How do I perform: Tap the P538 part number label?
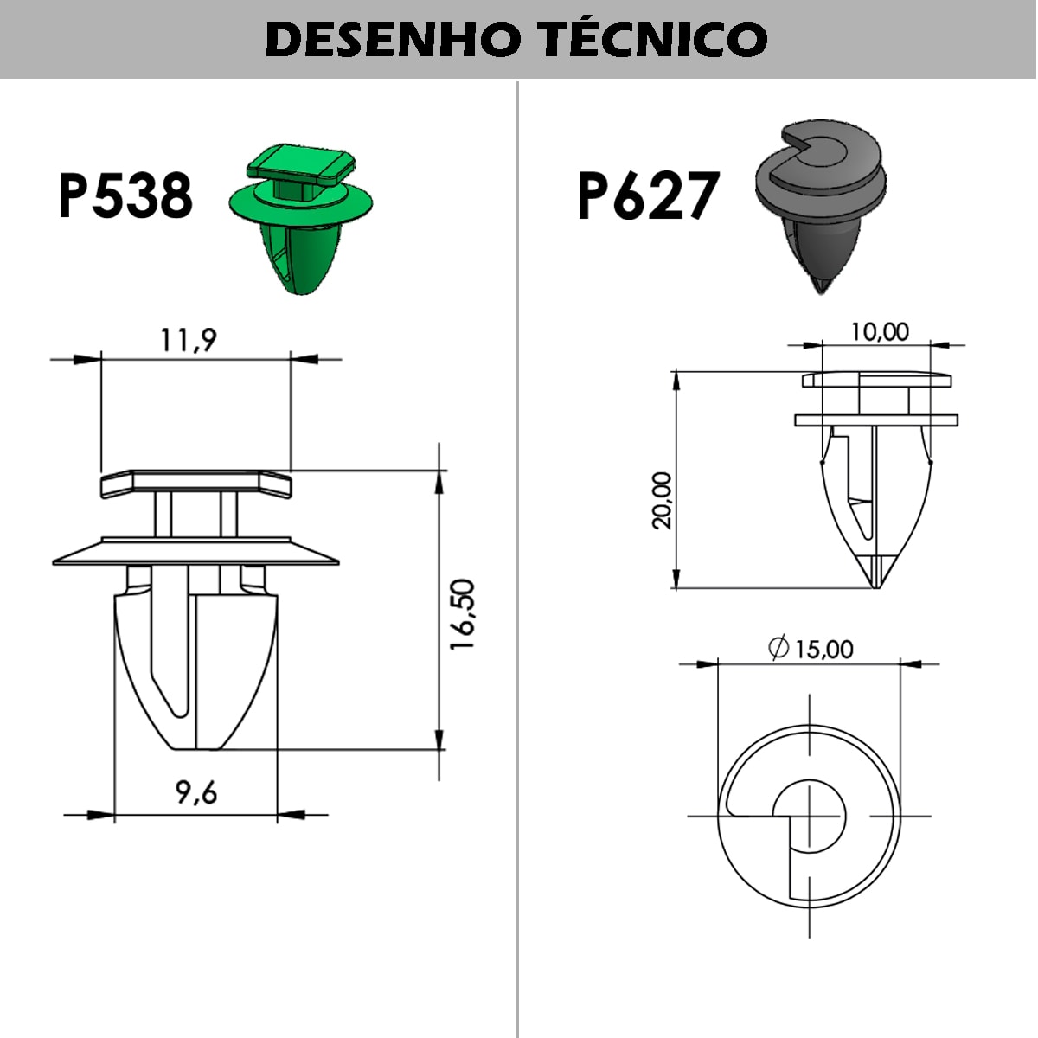125,195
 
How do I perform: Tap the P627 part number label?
649,195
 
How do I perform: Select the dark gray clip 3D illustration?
820,206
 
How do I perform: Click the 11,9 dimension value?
189,341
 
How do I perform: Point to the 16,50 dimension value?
463,614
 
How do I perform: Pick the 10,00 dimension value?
880,332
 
